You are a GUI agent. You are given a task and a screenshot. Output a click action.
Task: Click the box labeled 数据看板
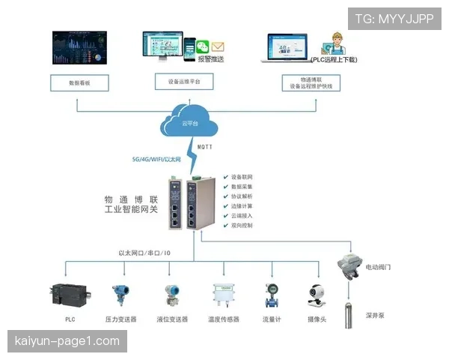coord(80,82)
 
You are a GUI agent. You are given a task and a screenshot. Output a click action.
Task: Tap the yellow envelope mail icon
coord(218,46)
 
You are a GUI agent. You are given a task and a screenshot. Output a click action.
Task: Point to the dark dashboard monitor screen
coord(79,47)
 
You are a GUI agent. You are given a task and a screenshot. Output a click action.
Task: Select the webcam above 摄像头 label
coord(316,295)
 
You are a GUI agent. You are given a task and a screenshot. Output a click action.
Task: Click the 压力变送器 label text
coord(120,319)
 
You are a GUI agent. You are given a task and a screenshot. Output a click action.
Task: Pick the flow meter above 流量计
coord(271,295)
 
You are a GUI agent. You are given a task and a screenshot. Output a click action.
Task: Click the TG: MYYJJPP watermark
coord(394,19)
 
